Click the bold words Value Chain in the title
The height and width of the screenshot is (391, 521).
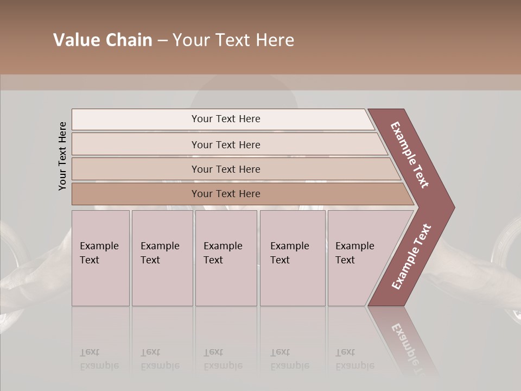[103, 40]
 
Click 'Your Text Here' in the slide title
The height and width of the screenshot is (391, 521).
[233, 40]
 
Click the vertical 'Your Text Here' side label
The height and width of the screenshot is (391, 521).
[62, 156]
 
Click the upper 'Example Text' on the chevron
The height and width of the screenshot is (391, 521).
[410, 155]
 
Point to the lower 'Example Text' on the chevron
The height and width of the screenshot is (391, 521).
[411, 257]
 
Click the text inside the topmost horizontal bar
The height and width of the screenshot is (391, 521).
[226, 119]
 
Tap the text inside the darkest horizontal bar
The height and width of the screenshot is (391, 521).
[226, 194]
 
